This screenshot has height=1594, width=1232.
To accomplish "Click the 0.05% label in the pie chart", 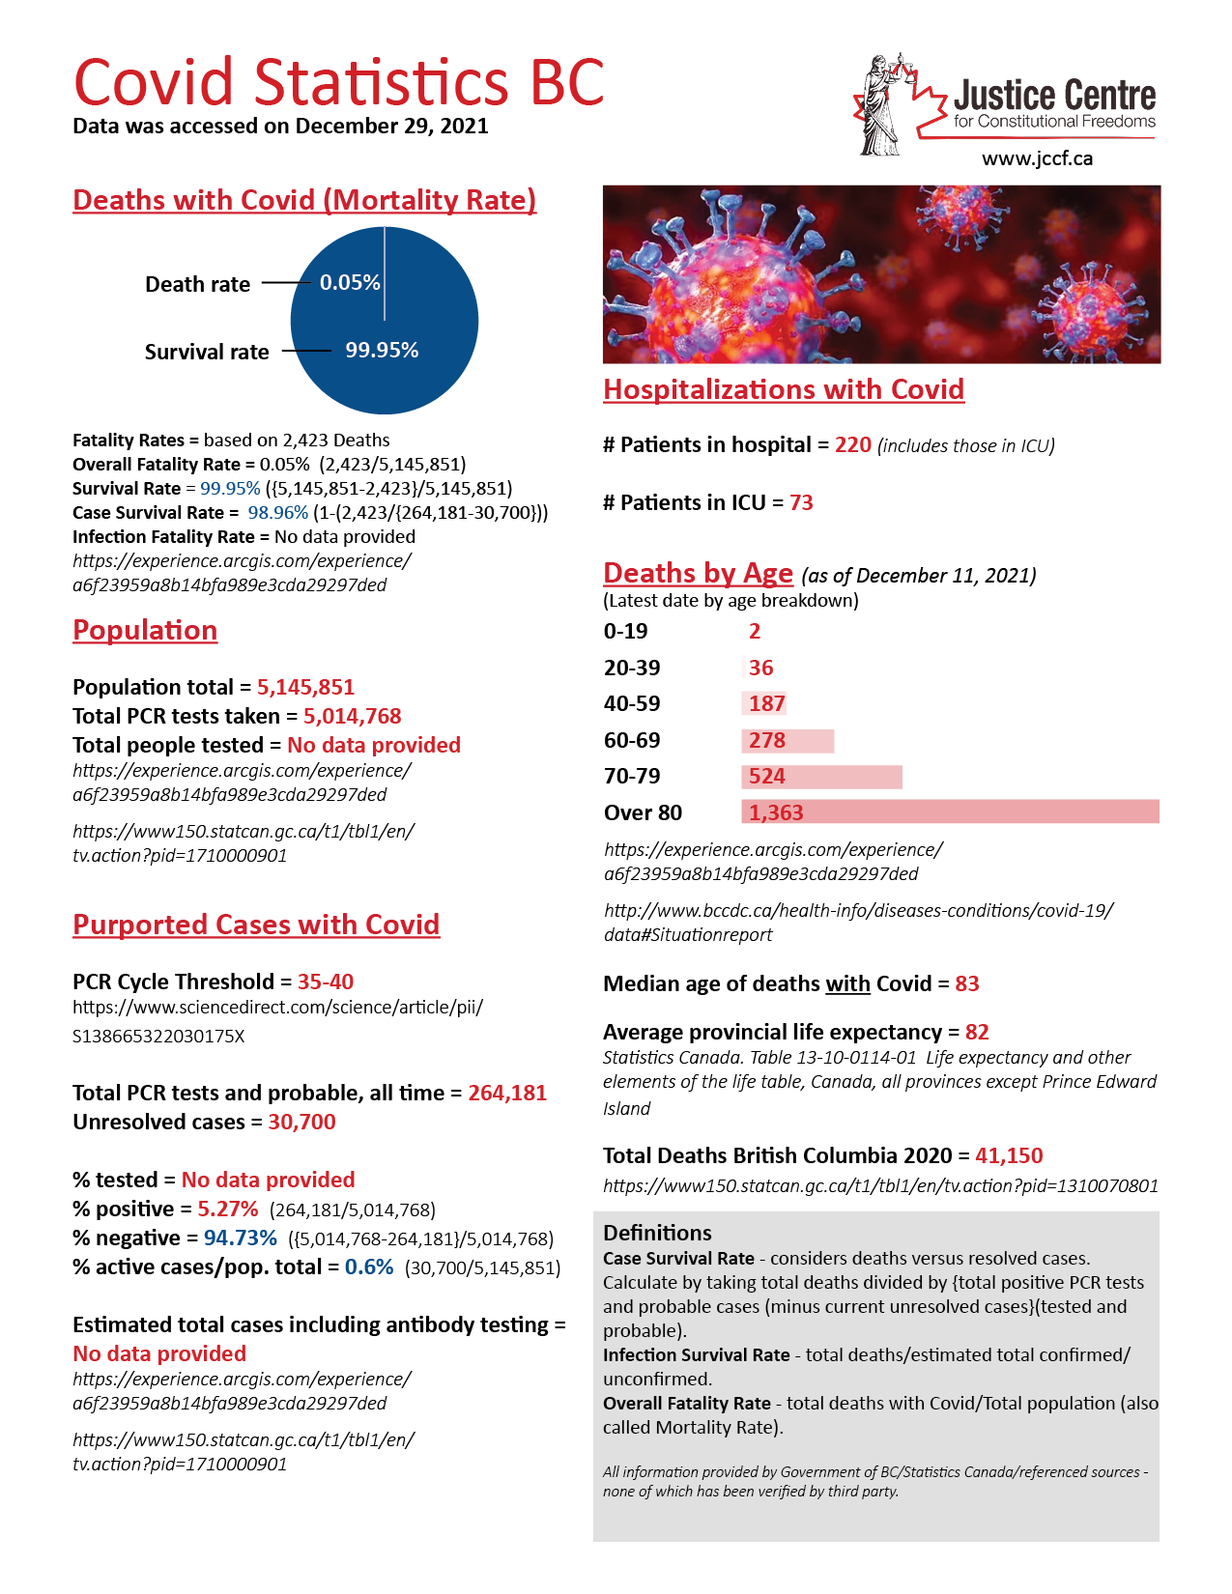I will (x=350, y=283).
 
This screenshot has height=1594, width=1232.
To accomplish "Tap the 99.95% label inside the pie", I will (x=382, y=351).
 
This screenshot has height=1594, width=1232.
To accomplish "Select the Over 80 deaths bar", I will (x=950, y=812).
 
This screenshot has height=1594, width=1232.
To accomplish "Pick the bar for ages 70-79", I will (x=821, y=777).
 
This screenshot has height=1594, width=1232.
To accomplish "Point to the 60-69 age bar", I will (x=788, y=741).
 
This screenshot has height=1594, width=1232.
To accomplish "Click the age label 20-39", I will (x=632, y=668).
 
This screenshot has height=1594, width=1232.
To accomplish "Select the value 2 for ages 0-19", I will (x=755, y=632).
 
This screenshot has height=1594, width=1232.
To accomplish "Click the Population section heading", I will (x=145, y=630).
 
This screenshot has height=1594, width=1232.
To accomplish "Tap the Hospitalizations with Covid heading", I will (x=784, y=389).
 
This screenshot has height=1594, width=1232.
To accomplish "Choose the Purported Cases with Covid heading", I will (x=256, y=925).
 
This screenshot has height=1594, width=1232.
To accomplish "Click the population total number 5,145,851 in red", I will (x=305, y=687).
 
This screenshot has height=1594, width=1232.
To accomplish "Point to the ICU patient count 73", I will (x=801, y=502).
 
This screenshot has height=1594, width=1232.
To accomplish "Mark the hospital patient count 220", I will (x=853, y=445).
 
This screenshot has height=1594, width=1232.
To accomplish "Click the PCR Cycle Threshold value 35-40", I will (x=326, y=982).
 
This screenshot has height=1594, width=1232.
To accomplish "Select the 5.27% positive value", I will (x=228, y=1210).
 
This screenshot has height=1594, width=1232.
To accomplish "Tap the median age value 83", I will (x=967, y=983).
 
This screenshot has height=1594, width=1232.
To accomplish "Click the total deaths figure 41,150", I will (x=1009, y=1155).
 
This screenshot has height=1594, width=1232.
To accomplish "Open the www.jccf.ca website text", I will (x=1037, y=158).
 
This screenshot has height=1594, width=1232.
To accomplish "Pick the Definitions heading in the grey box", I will (x=657, y=1233).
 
